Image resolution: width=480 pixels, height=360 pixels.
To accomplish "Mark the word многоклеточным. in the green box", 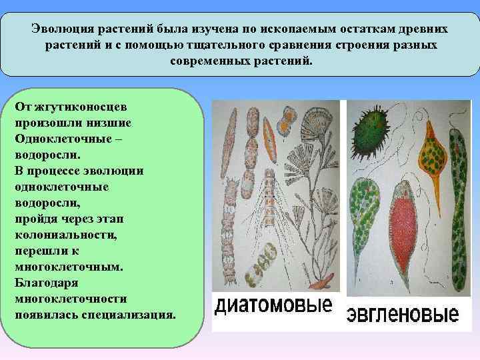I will [x=69, y=266].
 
